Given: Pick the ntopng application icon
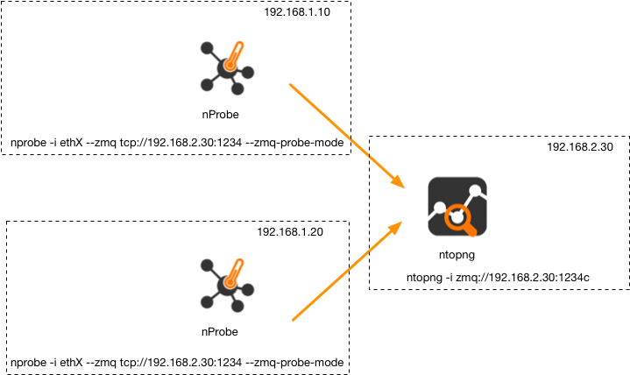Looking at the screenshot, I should coord(457,207).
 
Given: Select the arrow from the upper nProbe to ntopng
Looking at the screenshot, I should coord(346,136).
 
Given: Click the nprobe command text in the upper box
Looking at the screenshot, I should coord(175,142).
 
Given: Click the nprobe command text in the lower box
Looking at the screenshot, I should coord(175,361).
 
